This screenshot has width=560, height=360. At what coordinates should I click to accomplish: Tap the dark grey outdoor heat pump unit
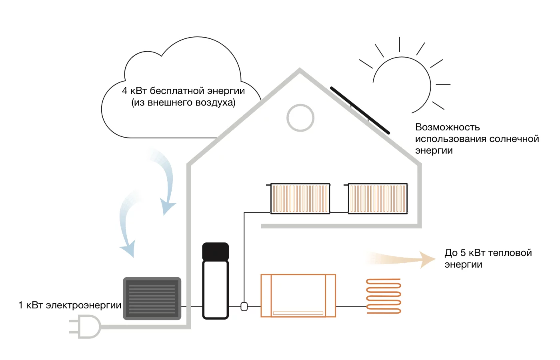[152, 298]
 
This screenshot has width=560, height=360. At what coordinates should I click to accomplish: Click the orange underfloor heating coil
[384, 296]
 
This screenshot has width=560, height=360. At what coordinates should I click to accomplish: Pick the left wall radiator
[300, 198]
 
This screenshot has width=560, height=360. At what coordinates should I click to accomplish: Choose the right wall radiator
[378, 198]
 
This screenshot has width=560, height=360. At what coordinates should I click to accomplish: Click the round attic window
[300, 118]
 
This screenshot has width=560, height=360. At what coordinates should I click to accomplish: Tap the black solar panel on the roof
[360, 110]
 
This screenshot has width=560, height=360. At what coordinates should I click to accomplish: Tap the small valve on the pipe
[244, 306]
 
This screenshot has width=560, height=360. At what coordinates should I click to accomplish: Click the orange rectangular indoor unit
[298, 296]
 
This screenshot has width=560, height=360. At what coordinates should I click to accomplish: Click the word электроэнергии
[84, 305]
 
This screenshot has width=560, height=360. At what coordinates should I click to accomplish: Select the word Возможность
[447, 127]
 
